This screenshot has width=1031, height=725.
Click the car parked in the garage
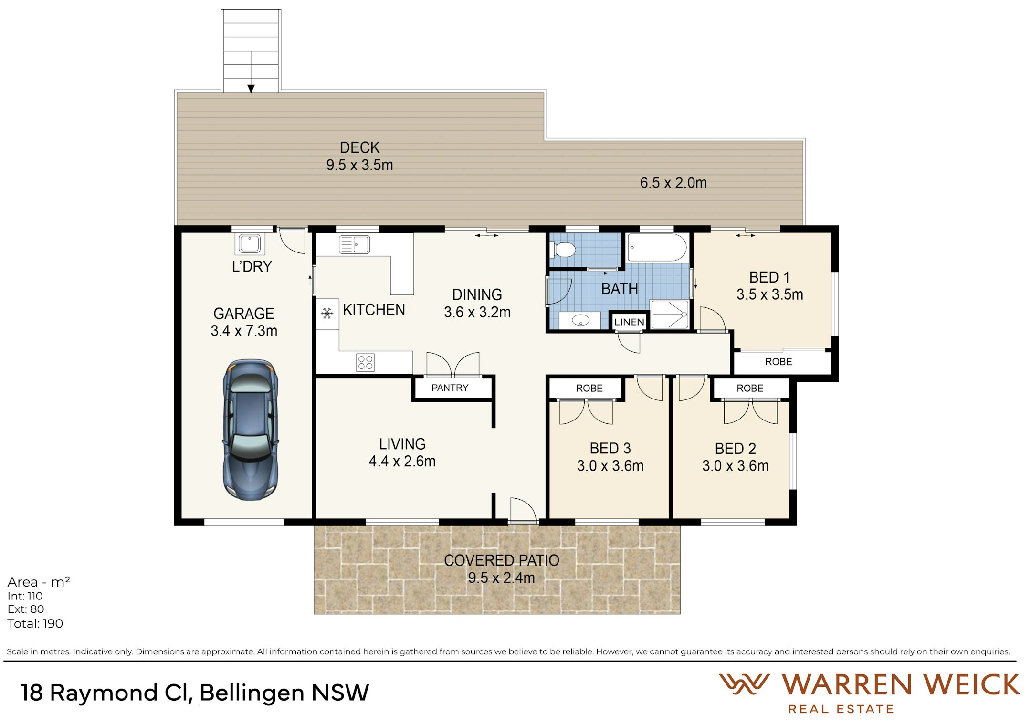(251, 430)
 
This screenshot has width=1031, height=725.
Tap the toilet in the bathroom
(563, 250)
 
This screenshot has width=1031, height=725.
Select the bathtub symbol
(657, 247)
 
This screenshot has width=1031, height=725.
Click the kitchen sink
(354, 244)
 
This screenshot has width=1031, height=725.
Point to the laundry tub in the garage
(250, 243)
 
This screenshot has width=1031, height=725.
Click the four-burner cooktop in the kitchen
(365, 362)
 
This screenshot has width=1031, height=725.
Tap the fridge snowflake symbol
(327, 314)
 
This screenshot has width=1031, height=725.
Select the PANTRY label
(450, 388)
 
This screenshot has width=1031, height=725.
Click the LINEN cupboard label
(629, 322)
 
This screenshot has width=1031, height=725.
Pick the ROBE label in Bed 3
(589, 389)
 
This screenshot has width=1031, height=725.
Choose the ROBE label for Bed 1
(779, 362)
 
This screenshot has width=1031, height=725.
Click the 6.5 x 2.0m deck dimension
(673, 182)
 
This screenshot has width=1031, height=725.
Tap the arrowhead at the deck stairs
(251, 88)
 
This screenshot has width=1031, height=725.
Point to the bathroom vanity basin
(580, 320)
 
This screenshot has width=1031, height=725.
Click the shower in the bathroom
(670, 315)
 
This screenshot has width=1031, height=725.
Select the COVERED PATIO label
(501, 560)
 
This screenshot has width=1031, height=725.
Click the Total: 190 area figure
(35, 624)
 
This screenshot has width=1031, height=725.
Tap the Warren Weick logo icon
(744, 684)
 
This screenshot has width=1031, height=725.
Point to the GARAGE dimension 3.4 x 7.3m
(244, 331)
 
